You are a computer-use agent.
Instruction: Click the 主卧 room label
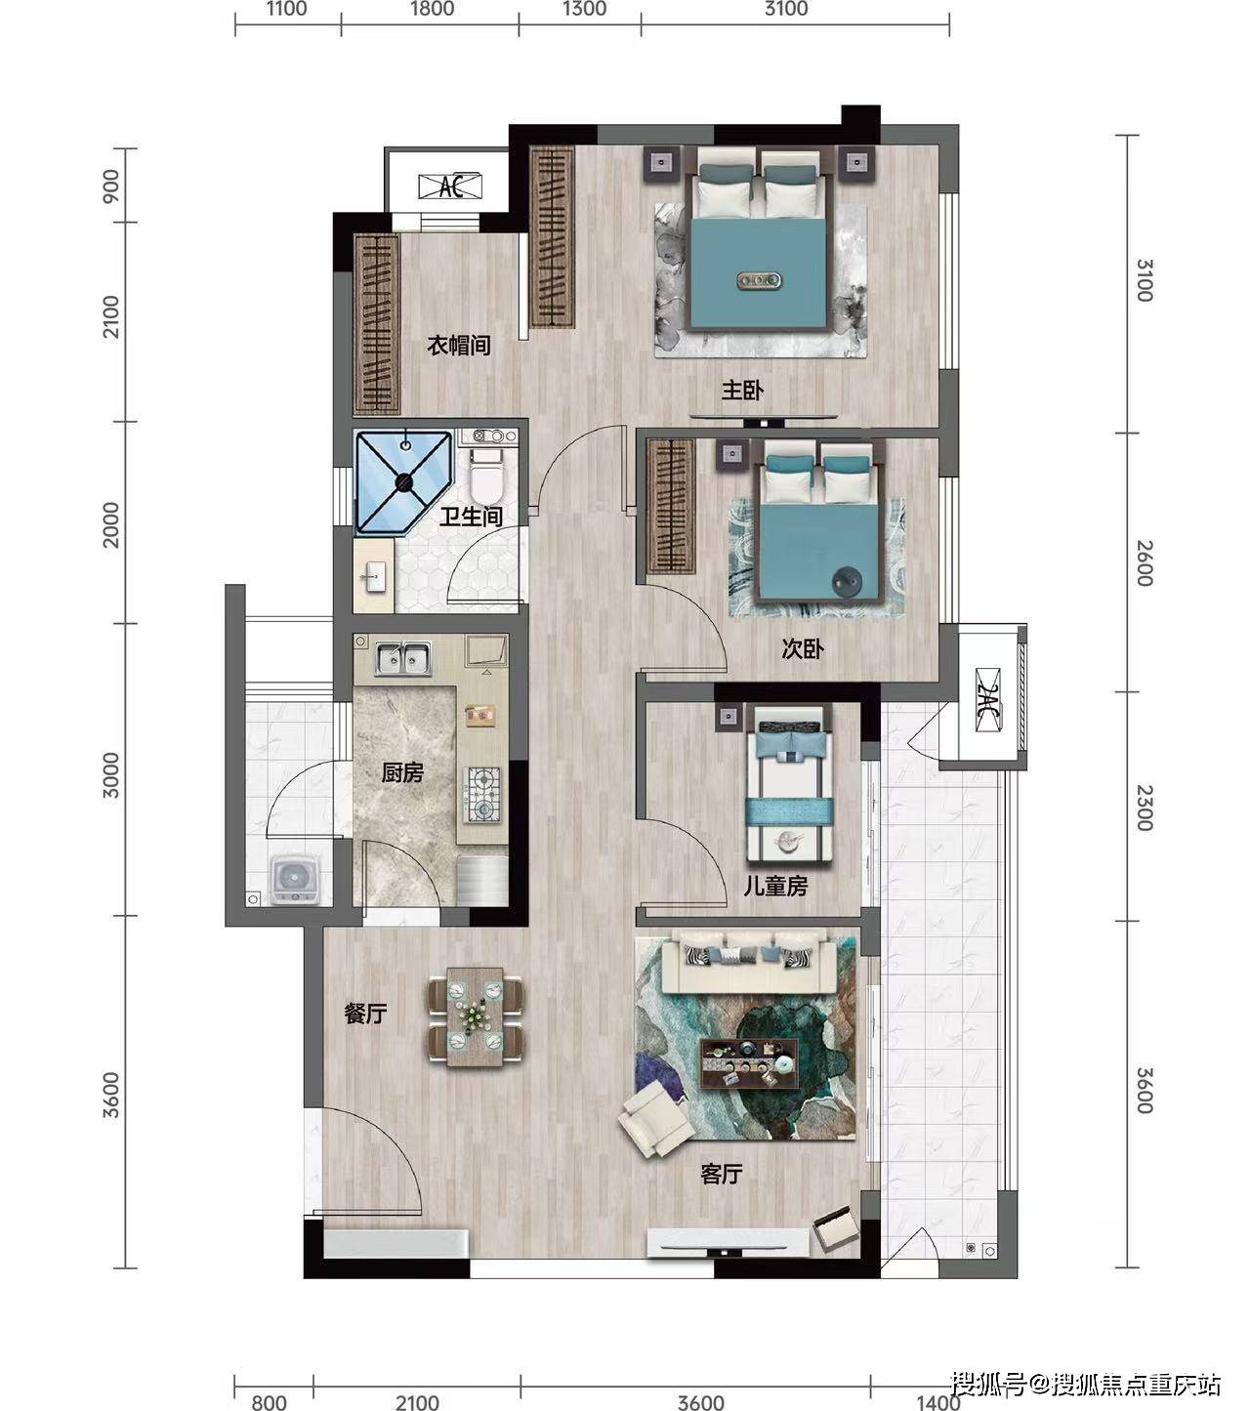[742, 390]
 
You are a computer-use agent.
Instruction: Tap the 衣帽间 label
[458, 346]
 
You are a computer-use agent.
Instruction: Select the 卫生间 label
[471, 517]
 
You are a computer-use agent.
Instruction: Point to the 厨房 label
[402, 772]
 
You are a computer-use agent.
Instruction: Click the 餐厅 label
[365, 1014]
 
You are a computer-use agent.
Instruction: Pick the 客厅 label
[721, 1175]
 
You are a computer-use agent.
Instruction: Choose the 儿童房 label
[774, 886]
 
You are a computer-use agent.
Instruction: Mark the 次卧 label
[802, 649]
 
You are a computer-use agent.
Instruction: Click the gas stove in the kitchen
[483, 793]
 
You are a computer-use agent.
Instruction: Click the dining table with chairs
[475, 1017]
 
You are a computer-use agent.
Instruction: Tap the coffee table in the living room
[749, 1063]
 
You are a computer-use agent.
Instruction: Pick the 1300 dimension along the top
[584, 9]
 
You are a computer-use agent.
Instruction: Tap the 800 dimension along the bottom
[269, 1401]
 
